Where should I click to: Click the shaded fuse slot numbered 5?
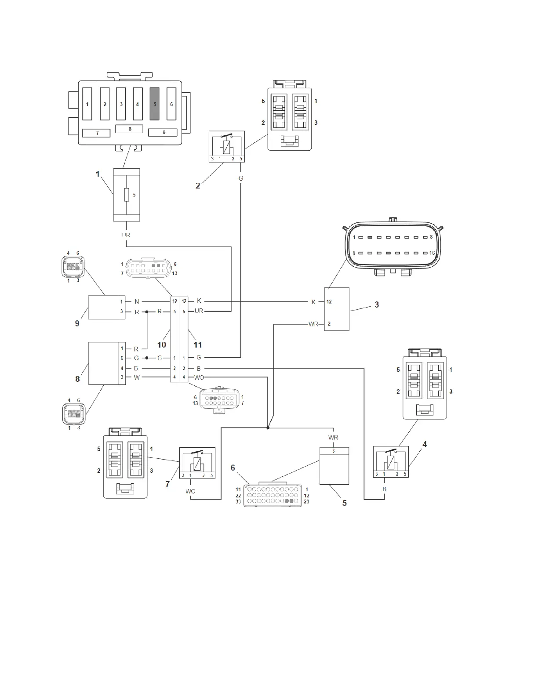[154, 104]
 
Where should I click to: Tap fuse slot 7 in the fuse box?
[97, 133]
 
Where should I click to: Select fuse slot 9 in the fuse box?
[163, 132]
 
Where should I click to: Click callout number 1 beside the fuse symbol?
[98, 174]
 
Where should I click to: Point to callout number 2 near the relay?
[198, 185]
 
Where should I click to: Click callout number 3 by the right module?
[377, 304]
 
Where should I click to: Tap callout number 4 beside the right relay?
[425, 444]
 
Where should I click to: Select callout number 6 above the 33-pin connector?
[233, 468]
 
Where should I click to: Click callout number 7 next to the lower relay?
[167, 484]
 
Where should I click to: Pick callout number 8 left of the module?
[78, 378]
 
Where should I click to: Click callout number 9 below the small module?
[77, 323]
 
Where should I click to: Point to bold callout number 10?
[162, 345]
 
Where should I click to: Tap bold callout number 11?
[198, 345]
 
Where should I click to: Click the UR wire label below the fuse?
[126, 235]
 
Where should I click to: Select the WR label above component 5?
[333, 438]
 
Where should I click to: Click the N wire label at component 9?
[137, 301]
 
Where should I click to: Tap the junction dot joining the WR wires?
[268, 428]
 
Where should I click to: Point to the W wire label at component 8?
[137, 377]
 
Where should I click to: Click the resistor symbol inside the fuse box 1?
[127, 195]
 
